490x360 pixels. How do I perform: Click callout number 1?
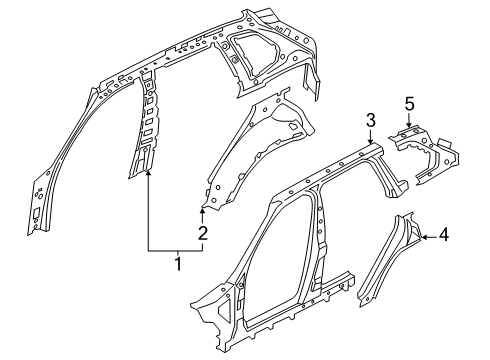(x=178, y=264)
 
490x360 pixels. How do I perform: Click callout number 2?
(x=203, y=233)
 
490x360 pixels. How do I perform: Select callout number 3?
(x=371, y=120)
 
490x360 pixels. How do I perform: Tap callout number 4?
(x=443, y=235)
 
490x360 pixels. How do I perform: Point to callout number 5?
(x=410, y=104)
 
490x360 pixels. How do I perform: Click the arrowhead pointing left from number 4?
(x=424, y=237)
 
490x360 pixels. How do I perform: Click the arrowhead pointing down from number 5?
(x=409, y=125)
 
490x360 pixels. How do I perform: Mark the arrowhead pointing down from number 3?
(x=371, y=141)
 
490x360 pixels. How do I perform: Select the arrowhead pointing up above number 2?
(x=202, y=210)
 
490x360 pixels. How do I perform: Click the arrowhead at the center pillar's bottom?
(x=148, y=172)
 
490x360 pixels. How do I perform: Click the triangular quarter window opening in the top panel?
(x=256, y=52)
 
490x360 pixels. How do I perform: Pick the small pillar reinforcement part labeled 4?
(x=388, y=258)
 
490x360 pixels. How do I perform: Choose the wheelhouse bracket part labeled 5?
(x=423, y=153)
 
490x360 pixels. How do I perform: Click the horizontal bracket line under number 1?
(x=176, y=250)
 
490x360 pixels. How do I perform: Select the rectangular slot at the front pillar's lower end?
(x=36, y=212)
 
